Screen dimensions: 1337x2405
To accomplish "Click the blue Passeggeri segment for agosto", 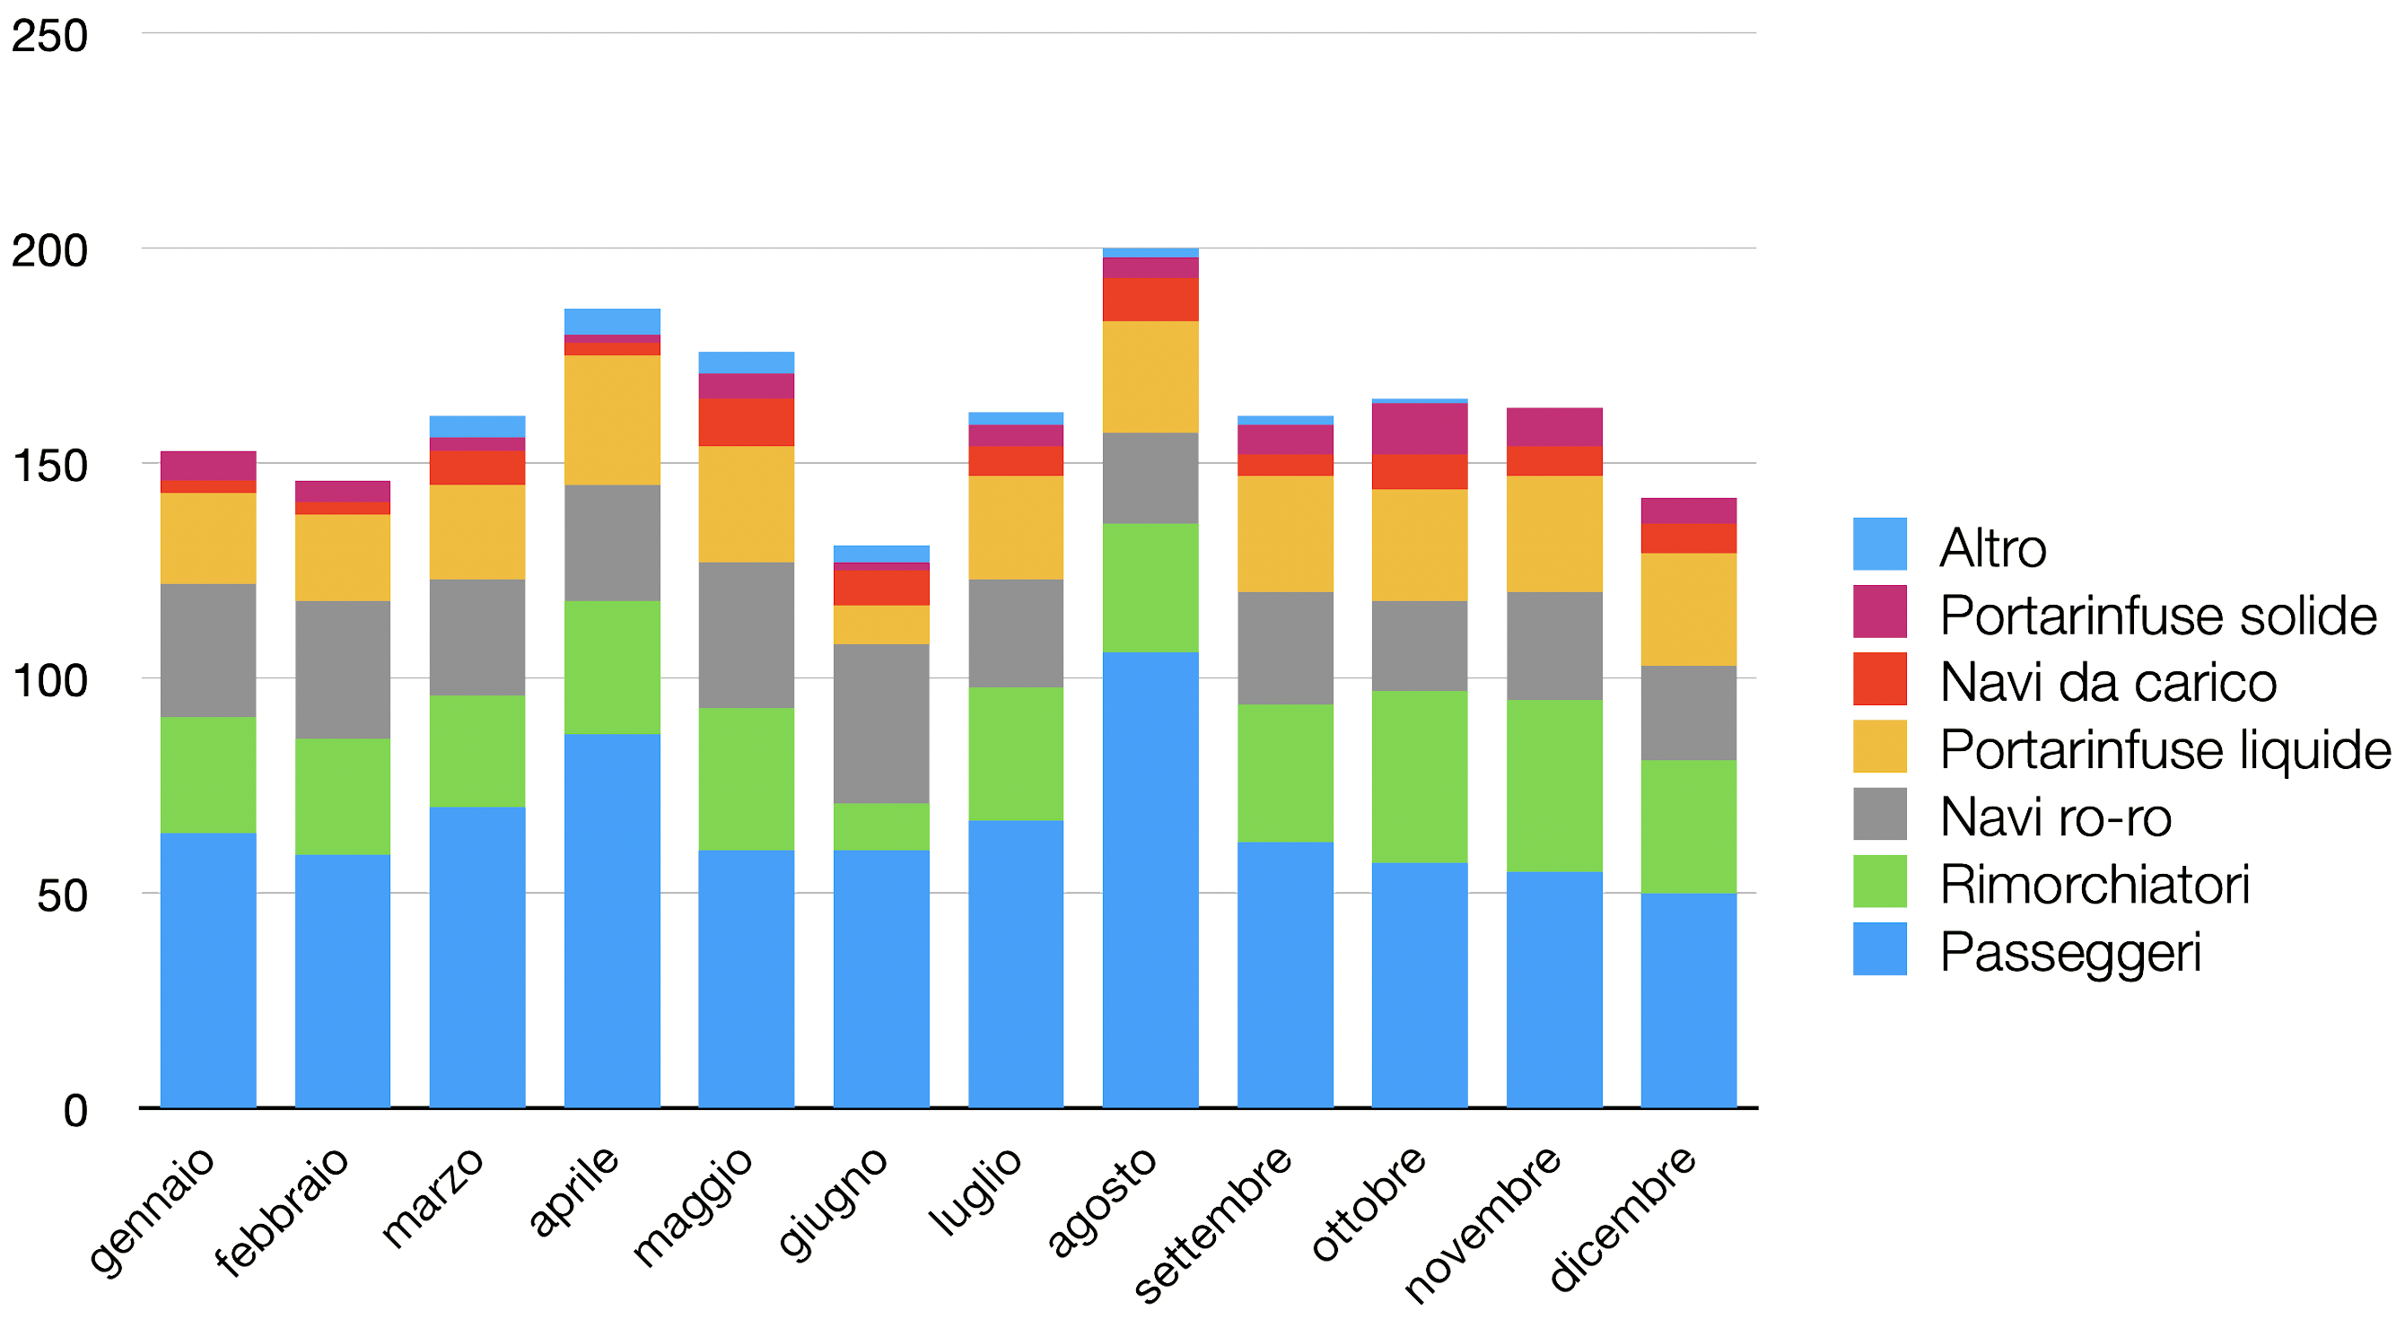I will click(1150, 879).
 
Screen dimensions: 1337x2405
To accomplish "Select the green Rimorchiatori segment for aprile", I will click(611, 667).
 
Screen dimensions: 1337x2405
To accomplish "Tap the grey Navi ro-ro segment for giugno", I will click(880, 722).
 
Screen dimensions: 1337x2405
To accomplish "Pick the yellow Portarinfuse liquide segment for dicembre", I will click(1688, 608).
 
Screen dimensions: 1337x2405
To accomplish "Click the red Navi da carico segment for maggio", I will click(746, 422).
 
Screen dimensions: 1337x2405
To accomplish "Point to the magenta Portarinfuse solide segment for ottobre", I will click(1419, 429).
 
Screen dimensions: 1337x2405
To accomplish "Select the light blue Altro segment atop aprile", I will click(611, 321).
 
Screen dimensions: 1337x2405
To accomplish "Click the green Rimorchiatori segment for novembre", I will click(1553, 785).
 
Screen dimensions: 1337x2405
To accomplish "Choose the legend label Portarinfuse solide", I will click(2157, 616).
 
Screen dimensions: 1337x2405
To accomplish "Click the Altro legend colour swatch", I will click(1879, 544).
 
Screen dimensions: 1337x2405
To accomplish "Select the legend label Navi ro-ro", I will click(2055, 817).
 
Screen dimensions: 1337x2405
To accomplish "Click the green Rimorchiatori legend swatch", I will click(1879, 880).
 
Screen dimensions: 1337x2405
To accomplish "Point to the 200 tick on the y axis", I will click(49, 250).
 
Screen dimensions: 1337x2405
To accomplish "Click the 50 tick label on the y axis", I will click(62, 896).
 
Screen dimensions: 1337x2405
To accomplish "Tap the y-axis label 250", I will click(49, 36).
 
